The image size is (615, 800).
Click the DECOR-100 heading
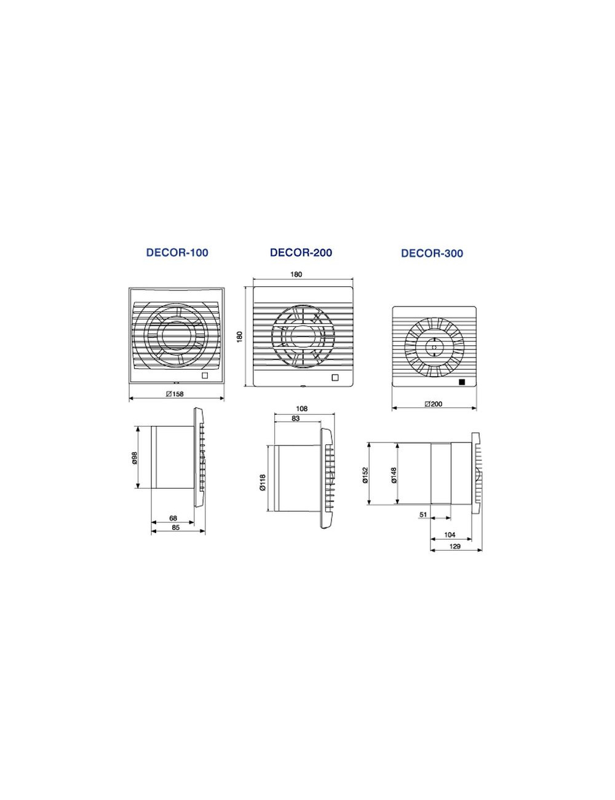click(177, 252)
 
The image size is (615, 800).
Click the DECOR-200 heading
click(301, 252)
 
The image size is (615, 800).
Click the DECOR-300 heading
click(432, 254)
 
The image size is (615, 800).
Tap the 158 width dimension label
click(175, 394)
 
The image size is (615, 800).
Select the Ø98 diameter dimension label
click(135, 457)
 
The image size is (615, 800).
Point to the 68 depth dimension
click(173, 518)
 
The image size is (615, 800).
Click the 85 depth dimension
click(175, 527)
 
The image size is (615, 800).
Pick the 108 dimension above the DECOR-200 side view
click(301, 408)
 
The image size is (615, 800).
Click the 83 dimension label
click(295, 418)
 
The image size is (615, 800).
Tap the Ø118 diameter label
click(263, 482)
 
